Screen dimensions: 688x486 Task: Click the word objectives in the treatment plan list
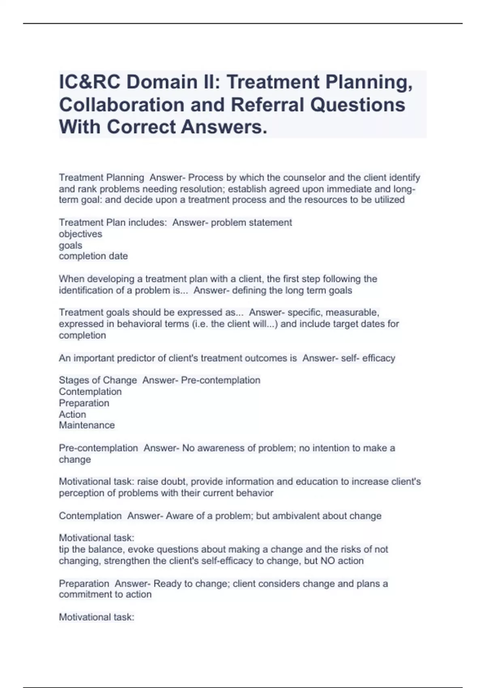click(x=80, y=234)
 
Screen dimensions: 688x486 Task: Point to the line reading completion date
click(x=93, y=256)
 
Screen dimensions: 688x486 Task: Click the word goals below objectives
click(x=70, y=245)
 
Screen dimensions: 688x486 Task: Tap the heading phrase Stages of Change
click(x=98, y=380)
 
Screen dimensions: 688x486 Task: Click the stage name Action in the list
click(x=72, y=414)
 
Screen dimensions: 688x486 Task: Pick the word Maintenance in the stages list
click(x=87, y=425)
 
